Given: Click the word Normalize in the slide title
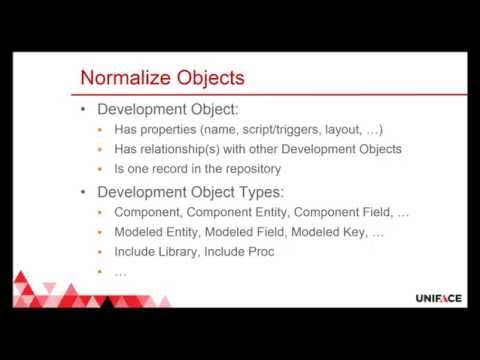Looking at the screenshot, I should coord(126,78).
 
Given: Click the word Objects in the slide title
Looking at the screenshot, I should coord(210,78).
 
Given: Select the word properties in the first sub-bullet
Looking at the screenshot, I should coord(176,130).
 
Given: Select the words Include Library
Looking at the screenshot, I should coord(155,251).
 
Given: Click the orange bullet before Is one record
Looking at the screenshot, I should coord(102,168).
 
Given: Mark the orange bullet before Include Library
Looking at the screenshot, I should coord(102,252).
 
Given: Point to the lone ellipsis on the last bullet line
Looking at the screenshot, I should coord(121,272).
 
